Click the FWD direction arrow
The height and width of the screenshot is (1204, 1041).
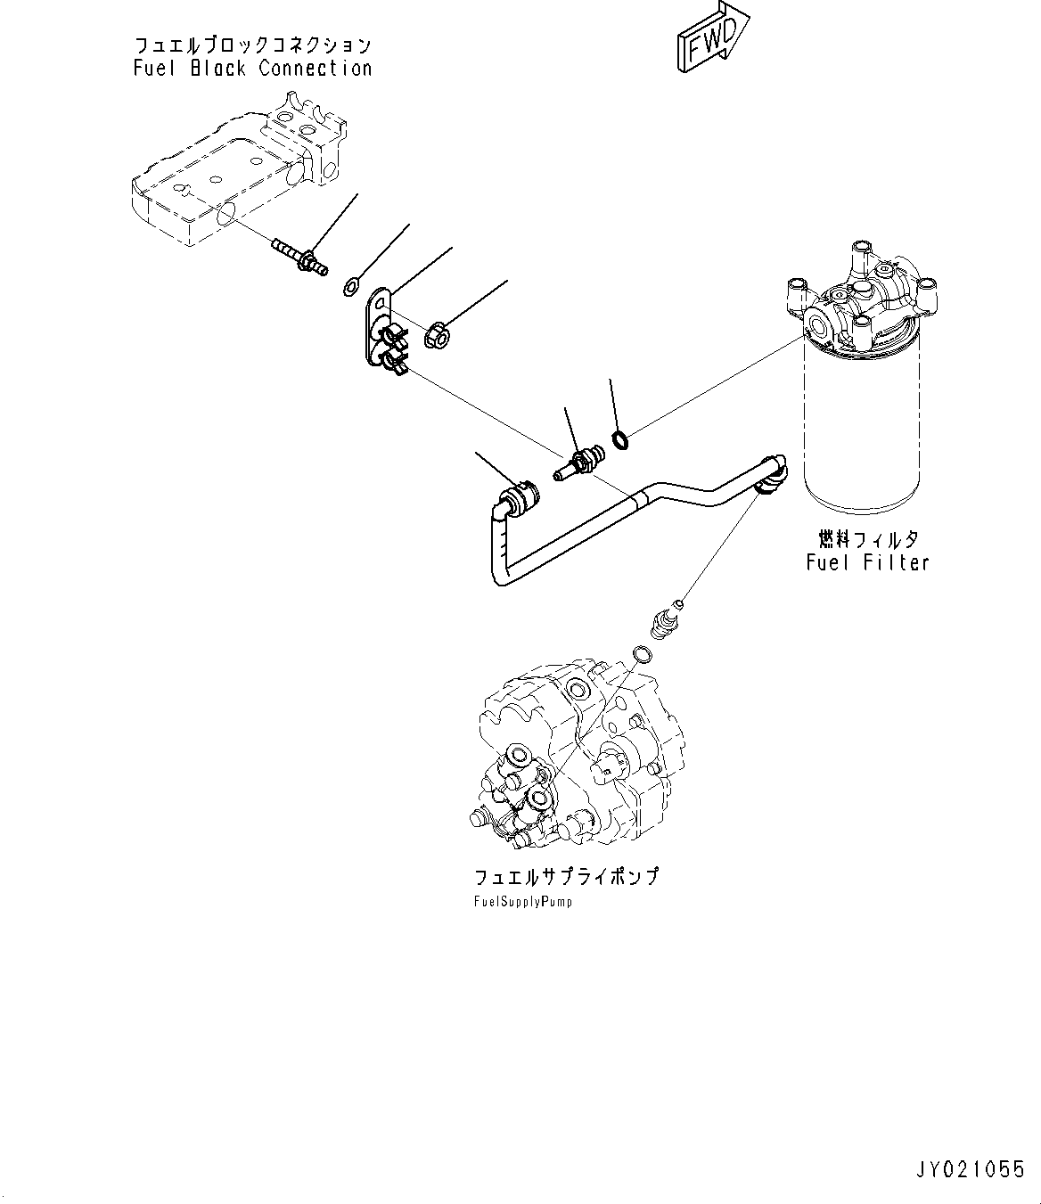tap(711, 38)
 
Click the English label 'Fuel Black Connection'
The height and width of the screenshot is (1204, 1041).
tap(252, 69)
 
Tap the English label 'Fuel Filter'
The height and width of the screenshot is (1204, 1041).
tap(867, 562)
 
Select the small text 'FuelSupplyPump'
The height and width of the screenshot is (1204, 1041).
tap(523, 901)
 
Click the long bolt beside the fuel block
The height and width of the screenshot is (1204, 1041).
tap(298, 255)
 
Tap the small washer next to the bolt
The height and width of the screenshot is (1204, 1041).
tap(351, 286)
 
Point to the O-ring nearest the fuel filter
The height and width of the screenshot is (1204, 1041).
tap(621, 438)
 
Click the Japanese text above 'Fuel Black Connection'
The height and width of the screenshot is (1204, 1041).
tap(252, 45)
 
